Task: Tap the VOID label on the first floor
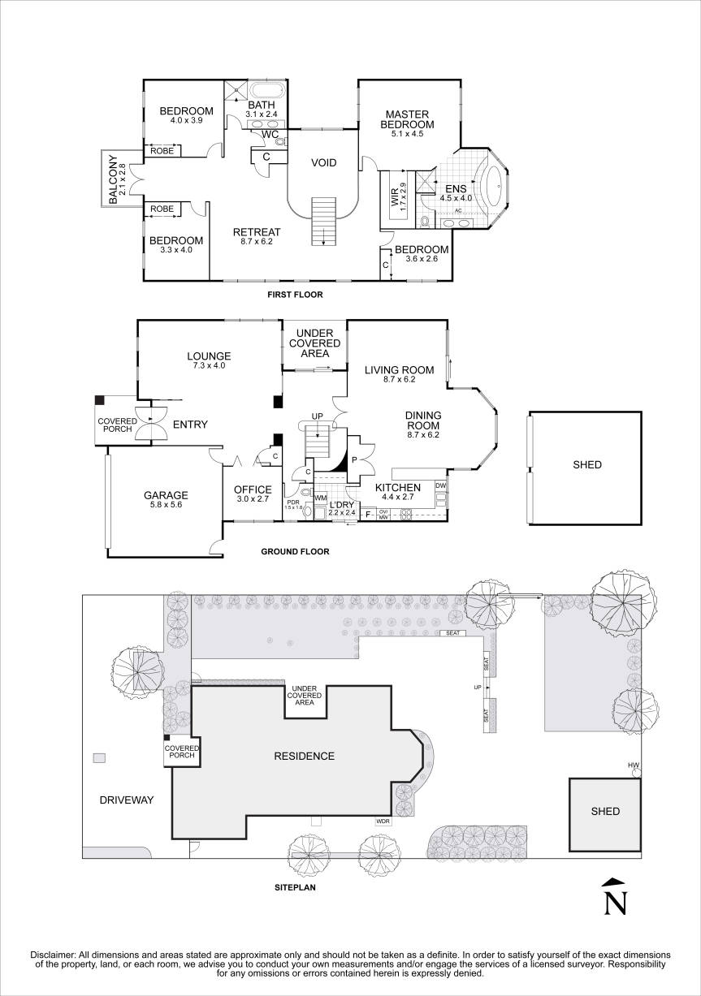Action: click(323, 163)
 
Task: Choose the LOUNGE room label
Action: click(209, 356)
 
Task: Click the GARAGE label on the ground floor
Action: click(166, 495)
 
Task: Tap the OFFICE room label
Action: click(252, 489)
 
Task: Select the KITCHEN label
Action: click(397, 488)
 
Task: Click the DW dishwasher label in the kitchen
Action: click(440, 485)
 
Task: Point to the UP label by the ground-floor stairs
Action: click(318, 416)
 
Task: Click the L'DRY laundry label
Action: click(342, 504)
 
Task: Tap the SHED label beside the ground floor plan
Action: click(586, 465)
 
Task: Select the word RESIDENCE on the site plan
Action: click(304, 756)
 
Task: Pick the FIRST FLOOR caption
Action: click(296, 295)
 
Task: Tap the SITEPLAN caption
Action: click(295, 888)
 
